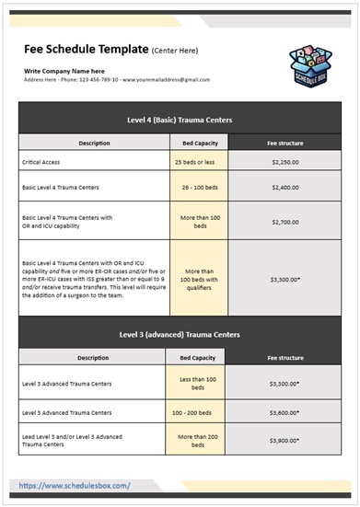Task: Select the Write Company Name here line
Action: click(64, 71)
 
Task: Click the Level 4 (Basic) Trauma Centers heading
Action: click(180, 120)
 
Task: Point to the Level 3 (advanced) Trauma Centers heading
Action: click(180, 334)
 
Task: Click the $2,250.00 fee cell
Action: click(285, 161)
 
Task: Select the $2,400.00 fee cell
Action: click(285, 187)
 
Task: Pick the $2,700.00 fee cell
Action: click(285, 222)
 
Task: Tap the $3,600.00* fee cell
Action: click(285, 412)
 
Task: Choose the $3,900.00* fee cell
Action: click(285, 440)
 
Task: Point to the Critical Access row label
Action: click(44, 161)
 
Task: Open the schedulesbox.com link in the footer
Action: click(75, 485)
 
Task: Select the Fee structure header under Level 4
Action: click(285, 143)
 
